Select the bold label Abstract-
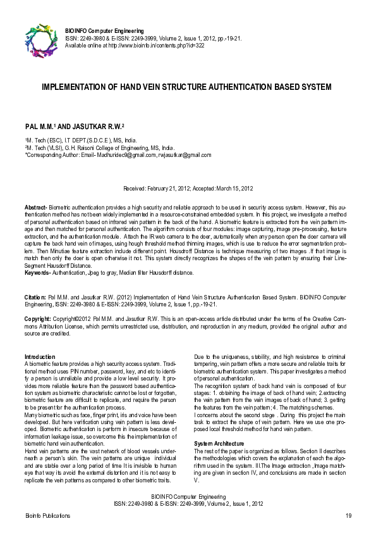[x=35, y=207]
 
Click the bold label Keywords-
[x=37, y=272]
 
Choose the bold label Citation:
[x=35, y=296]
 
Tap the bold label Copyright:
[x=38, y=318]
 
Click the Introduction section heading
[x=40, y=358]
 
